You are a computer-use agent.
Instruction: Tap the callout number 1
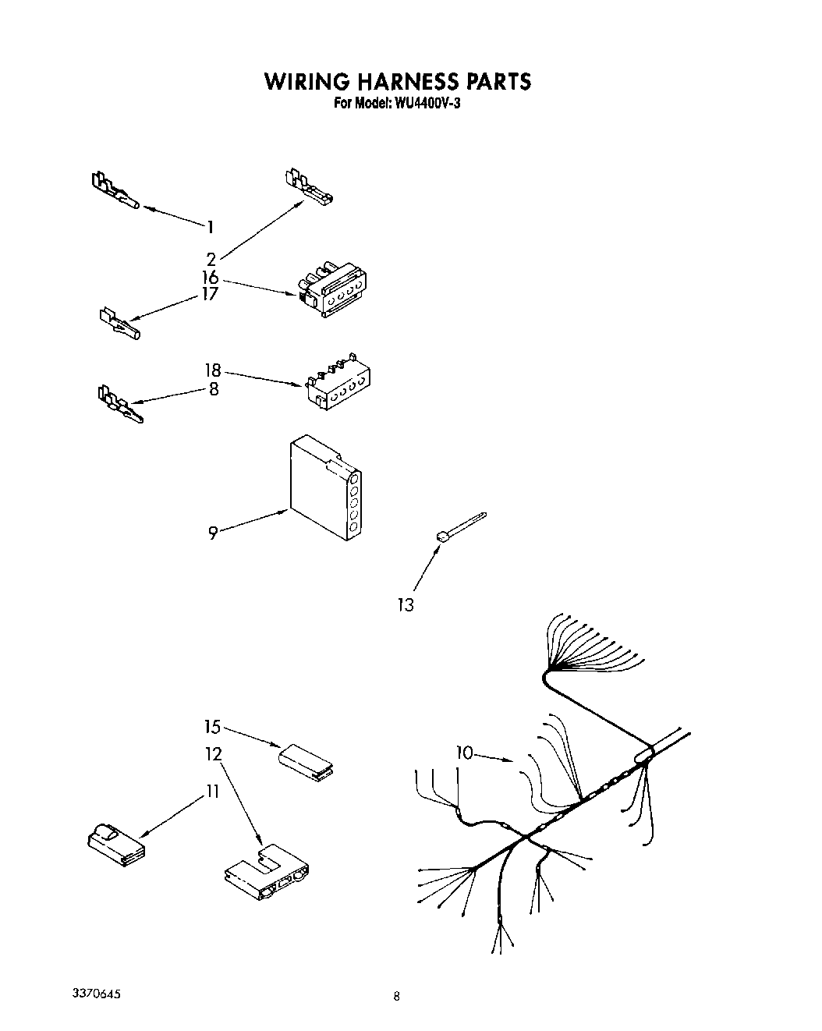[x=210, y=227]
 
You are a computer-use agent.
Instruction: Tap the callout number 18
[x=212, y=370]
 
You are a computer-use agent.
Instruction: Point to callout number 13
[x=406, y=604]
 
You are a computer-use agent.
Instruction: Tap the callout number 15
[x=212, y=727]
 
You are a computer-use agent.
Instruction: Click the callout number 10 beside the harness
[x=465, y=753]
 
